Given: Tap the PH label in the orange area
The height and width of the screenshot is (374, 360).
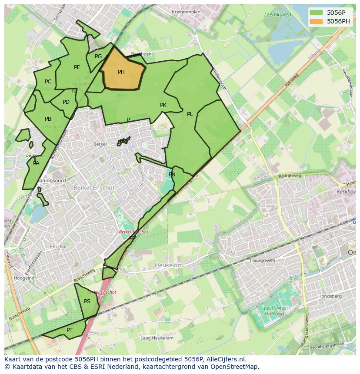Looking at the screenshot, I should (121, 72).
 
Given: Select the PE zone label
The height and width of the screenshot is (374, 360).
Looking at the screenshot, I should (77, 67).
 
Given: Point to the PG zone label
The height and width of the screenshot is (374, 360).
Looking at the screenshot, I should (98, 56).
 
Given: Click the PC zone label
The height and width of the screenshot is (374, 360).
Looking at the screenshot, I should (48, 82).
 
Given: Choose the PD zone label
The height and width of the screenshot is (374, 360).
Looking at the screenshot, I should (66, 103).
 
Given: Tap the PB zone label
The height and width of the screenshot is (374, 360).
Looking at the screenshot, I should (48, 119).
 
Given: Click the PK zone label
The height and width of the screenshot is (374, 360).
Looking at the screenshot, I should (163, 105).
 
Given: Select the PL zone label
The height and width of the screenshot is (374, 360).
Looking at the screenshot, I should (190, 114).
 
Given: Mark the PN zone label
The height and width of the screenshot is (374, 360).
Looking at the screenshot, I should (172, 175).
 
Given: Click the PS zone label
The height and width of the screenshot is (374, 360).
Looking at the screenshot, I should (87, 301).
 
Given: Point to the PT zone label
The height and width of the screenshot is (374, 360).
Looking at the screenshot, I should (70, 330).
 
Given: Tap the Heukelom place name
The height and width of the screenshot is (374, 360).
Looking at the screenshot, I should (169, 265).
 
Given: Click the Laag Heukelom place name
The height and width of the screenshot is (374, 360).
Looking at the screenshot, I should (157, 338).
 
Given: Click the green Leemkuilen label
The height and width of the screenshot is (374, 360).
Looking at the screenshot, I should (277, 15).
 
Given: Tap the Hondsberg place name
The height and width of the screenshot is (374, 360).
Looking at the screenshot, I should (330, 296).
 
